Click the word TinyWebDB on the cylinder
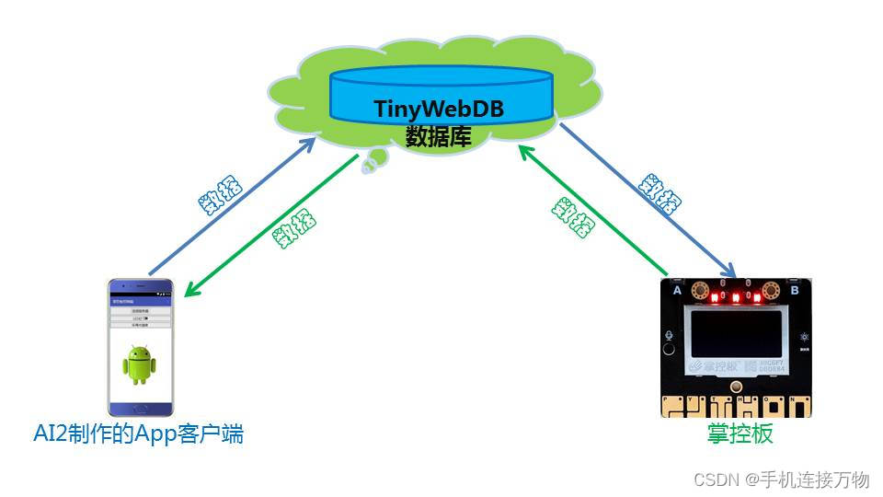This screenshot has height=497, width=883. (x=439, y=109)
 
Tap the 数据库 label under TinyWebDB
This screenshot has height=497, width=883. (x=439, y=137)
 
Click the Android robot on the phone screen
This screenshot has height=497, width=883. (x=140, y=364)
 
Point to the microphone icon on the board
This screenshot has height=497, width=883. (x=671, y=335)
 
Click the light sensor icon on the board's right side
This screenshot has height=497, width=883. (x=803, y=338)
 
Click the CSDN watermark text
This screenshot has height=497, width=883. (x=781, y=480)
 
